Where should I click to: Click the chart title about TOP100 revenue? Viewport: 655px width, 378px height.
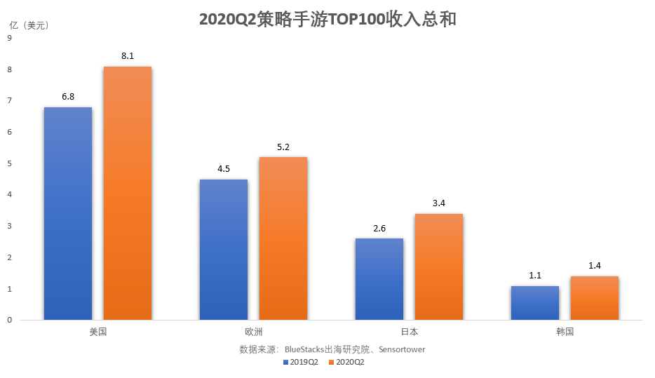pos(327,19)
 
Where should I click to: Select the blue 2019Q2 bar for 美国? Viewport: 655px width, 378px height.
pos(68,213)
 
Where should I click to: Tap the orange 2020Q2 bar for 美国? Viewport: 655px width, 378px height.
pos(127,193)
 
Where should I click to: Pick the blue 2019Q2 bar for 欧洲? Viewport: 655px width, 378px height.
pos(224,250)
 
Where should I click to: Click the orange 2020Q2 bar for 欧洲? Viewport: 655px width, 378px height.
pos(283,238)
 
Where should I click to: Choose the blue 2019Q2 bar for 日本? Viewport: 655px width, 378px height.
pos(379,279)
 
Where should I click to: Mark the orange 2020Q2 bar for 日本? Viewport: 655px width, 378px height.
pos(438,266)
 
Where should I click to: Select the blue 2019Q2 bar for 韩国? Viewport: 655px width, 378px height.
pos(535,303)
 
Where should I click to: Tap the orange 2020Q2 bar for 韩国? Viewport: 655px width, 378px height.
pos(594,298)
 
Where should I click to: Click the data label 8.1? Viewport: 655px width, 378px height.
pos(127,55)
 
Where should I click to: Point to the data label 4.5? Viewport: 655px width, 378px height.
pos(224,168)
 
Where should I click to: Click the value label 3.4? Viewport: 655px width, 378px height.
pos(438,203)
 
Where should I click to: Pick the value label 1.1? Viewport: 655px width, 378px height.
pos(535,275)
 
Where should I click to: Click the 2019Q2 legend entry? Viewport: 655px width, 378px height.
pos(302,363)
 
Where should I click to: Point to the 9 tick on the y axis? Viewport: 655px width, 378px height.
pos(9,39)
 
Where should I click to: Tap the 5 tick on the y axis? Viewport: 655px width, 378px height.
pos(9,163)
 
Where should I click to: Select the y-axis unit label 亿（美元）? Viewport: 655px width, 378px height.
pos(29,25)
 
